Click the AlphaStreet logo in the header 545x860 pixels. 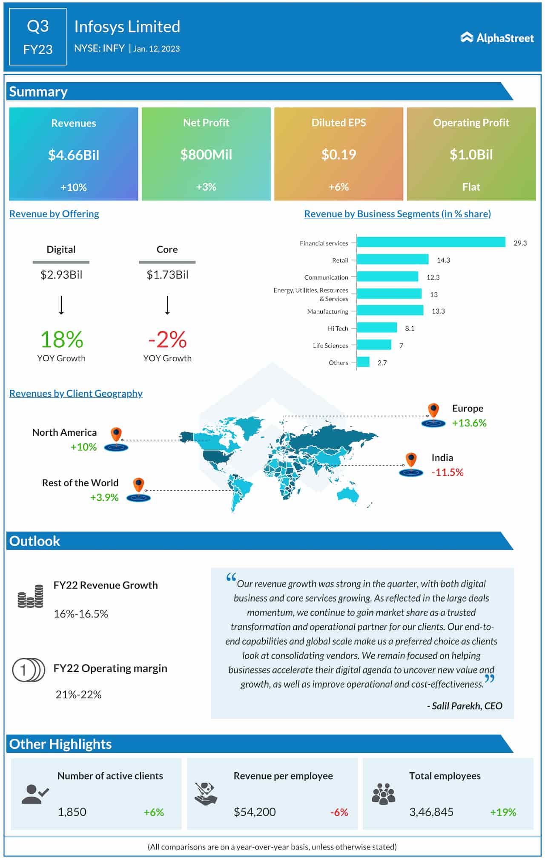pos(497,38)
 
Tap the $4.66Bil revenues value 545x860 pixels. pos(74,155)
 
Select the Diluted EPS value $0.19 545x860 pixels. pos(338,154)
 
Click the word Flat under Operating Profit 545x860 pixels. pos(471,187)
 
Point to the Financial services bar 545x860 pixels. pos(430,242)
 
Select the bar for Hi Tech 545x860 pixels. pos(376,328)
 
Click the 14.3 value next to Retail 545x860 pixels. pos(443,260)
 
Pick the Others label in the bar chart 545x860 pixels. pos(338,363)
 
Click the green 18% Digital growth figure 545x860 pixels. pos(61,340)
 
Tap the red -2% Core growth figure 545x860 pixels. pos(167,340)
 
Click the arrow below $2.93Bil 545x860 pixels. pos(61,305)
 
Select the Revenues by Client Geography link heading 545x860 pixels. pos(76,393)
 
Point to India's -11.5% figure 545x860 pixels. pos(447,472)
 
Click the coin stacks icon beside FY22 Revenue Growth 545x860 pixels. pos(31,596)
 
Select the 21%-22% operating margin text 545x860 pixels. pos(78,695)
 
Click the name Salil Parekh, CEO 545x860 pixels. pos(465,706)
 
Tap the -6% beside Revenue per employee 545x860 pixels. pos(339,812)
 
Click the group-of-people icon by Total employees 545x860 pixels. pos(383,794)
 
